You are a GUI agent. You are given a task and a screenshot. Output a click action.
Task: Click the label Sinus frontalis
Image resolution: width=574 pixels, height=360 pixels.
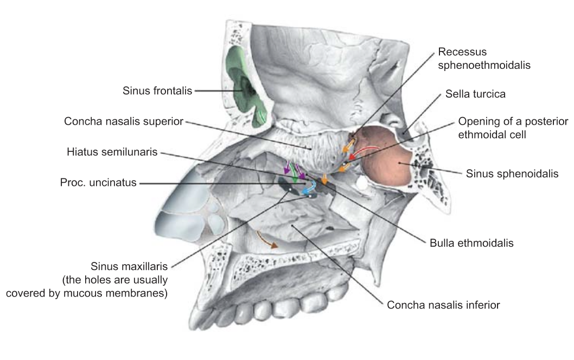157,91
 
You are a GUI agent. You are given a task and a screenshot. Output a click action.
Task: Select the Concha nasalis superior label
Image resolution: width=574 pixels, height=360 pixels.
123,121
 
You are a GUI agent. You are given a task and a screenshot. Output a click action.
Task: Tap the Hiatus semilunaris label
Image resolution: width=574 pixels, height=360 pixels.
112,152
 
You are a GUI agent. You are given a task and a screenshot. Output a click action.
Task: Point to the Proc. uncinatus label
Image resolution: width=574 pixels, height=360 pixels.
98,182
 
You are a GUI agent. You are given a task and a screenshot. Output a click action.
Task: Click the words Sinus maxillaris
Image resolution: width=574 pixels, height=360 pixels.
129,266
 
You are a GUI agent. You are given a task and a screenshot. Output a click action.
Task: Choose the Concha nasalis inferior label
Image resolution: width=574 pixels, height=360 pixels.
443,305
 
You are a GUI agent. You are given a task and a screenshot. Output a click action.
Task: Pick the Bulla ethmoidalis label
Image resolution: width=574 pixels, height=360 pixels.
471,243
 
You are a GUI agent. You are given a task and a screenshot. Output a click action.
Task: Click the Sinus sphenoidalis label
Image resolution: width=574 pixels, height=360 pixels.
512,173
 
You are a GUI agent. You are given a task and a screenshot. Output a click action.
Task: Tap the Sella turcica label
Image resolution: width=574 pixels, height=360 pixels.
475,94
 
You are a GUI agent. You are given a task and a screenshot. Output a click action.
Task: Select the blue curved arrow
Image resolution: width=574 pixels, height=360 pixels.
310,187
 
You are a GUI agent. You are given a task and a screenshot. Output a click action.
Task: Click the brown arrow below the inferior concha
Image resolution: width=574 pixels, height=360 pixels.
266,239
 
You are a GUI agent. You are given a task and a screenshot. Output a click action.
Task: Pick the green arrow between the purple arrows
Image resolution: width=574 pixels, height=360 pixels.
294,173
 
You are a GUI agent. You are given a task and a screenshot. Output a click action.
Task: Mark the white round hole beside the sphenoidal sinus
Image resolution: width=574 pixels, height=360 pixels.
362,183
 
